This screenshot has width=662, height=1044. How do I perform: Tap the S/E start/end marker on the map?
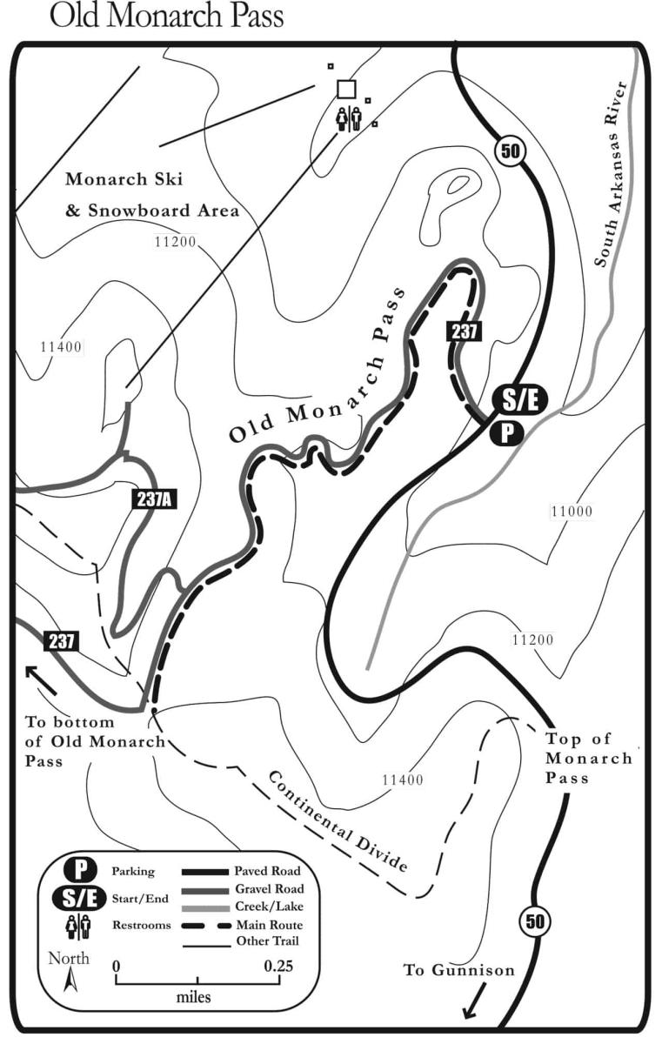[x=520, y=399]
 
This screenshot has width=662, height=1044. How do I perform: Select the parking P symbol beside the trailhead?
[x=505, y=432]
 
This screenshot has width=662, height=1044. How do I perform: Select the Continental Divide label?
[x=337, y=820]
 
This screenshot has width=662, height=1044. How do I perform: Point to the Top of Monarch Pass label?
[x=588, y=759]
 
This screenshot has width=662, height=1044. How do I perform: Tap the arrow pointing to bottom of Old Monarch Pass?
[x=40, y=679]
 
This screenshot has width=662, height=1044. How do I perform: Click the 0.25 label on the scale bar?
[x=279, y=966]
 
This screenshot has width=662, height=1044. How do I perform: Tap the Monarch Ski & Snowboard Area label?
[x=151, y=196]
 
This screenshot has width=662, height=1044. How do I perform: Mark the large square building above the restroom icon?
[x=346, y=89]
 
